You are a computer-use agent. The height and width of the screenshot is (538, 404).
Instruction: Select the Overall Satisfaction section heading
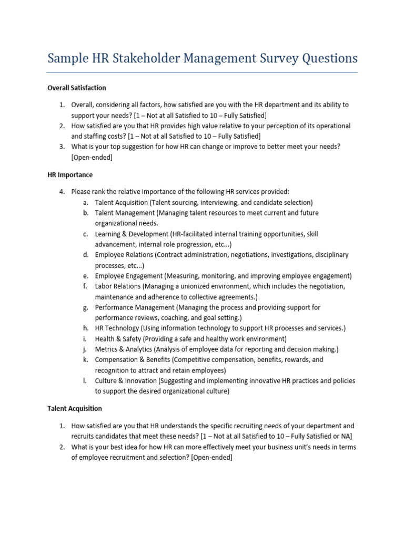pos(77,88)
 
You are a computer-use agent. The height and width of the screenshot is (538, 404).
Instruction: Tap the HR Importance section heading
pos(70,174)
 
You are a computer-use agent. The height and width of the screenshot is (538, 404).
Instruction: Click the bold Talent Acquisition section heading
pos(75,408)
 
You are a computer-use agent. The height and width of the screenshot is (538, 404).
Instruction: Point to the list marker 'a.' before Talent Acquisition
pos(85,202)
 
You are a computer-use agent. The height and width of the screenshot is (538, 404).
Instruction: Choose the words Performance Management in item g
pos(135,307)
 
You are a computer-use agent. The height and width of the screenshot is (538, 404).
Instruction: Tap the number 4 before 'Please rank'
pos(62,192)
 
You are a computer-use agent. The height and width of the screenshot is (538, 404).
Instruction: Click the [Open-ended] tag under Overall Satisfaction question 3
pos(92,157)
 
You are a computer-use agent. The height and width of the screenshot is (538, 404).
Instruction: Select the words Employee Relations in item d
pos(125,255)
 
